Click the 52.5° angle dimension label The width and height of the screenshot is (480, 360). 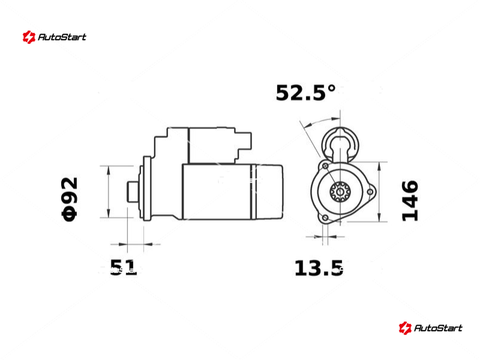pos(305,93)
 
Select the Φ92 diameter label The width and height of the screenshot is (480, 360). pos(70,199)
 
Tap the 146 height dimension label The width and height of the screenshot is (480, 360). pos(410,200)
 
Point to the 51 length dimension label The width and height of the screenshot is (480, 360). pos(123,268)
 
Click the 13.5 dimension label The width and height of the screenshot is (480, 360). pos(319,268)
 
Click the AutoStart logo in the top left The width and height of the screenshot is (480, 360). pos(55,37)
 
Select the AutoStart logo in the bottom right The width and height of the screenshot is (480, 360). pos(430,328)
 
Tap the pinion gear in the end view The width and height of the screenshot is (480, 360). pos(340,192)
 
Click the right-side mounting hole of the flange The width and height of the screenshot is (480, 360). pos(370,192)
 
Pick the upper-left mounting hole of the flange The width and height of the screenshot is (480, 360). pos(325,166)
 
